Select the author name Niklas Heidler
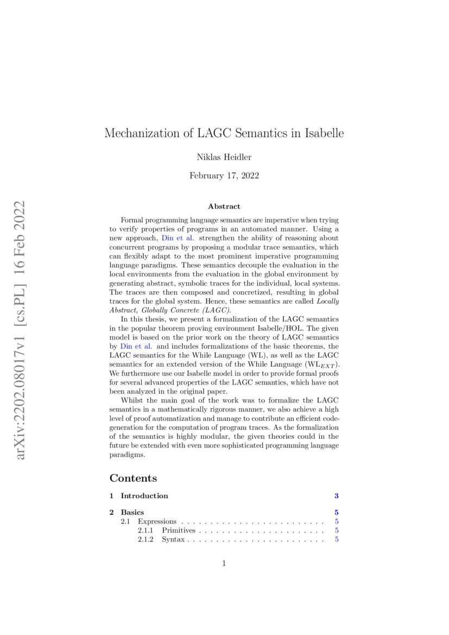tap(224, 158)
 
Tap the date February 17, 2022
tap(224, 175)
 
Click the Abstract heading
tap(224, 206)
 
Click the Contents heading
tap(133, 478)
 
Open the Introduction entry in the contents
tap(144, 495)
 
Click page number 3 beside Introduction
tap(337, 495)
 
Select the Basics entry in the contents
tap(132, 512)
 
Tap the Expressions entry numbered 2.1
tap(157, 521)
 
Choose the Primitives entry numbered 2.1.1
tap(179, 531)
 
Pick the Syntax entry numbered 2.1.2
tap(173, 540)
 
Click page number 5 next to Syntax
tap(337, 540)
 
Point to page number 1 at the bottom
tap(224, 563)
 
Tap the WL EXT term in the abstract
tap(324, 362)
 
